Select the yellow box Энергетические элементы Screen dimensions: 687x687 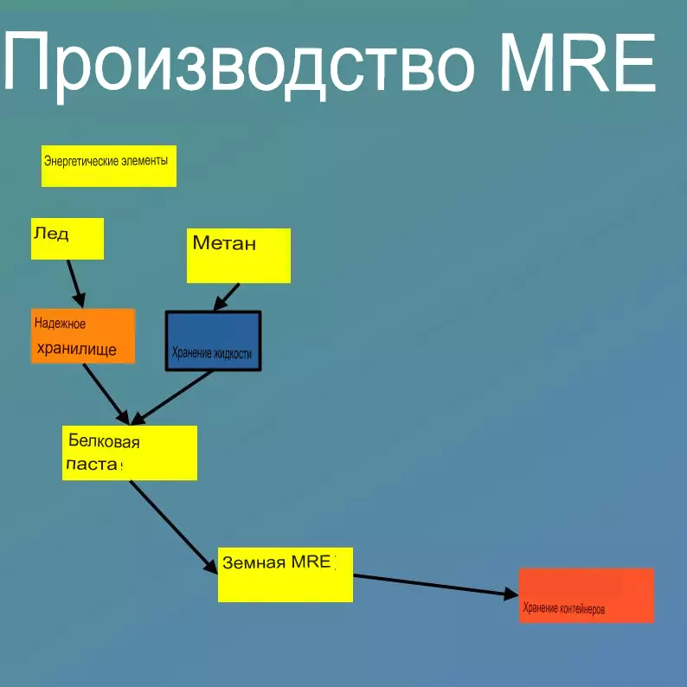click(109, 166)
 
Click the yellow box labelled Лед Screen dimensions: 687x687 click(67, 239)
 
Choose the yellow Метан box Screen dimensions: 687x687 click(239, 255)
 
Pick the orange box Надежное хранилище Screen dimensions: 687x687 click(83, 336)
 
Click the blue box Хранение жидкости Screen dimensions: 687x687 click(213, 341)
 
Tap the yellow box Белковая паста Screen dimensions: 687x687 click(130, 453)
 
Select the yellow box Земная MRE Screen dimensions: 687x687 click(285, 574)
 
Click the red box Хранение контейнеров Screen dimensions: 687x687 click(586, 594)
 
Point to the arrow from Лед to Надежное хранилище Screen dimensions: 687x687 click(75, 283)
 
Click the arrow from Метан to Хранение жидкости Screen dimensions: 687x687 click(228, 296)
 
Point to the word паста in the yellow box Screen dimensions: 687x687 click(92, 464)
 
